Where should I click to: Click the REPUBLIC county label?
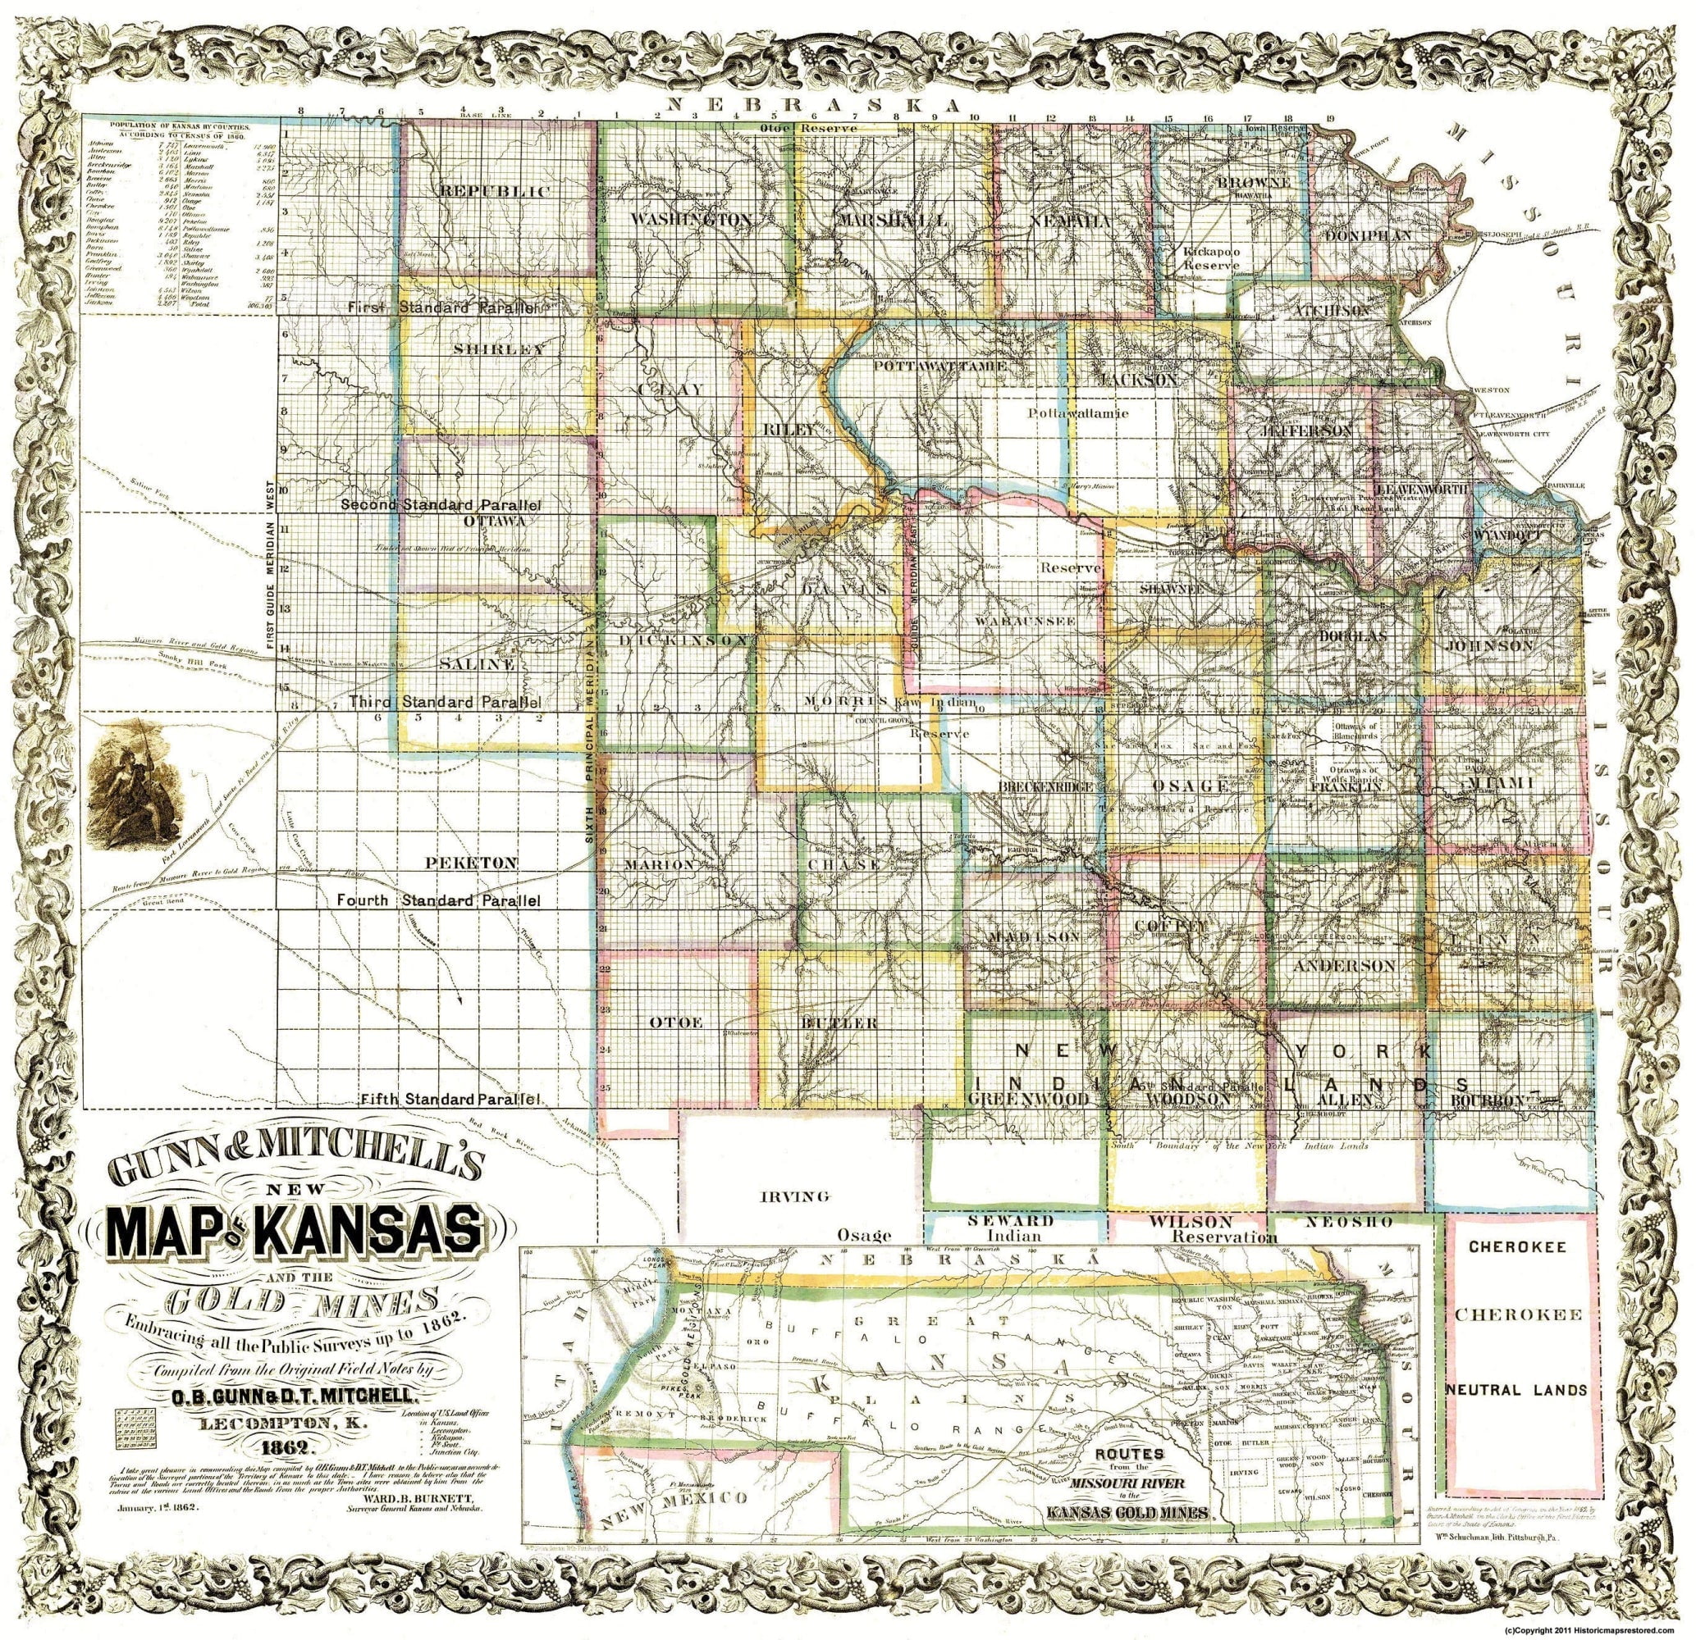point(494,191)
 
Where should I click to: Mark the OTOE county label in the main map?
point(667,1023)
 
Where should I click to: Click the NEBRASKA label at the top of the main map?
point(815,106)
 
